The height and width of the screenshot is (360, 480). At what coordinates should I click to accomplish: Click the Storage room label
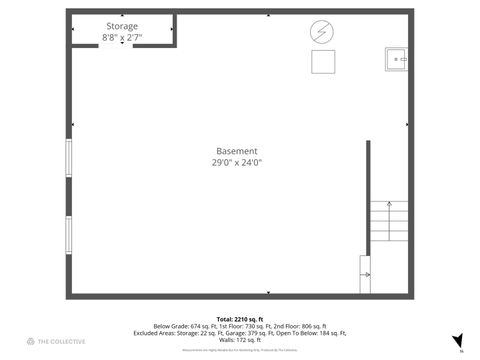point(122,26)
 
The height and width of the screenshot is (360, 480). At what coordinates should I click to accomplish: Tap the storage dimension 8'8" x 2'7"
point(122,37)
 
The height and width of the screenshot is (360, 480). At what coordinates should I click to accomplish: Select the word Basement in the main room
point(237,151)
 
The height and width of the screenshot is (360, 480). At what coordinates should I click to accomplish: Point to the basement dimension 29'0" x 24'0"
point(237,162)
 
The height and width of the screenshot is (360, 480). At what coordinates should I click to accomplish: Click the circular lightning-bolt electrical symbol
point(321,31)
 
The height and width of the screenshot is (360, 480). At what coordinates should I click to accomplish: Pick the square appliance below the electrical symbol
point(322,61)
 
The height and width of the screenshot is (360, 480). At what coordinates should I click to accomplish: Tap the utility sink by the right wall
point(396,59)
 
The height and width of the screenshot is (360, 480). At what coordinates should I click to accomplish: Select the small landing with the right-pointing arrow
point(365,274)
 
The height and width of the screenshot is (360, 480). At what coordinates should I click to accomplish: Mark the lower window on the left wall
point(69,235)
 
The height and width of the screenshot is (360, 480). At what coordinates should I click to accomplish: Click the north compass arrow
point(457,341)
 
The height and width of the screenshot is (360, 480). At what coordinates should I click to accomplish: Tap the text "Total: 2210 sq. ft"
point(239,318)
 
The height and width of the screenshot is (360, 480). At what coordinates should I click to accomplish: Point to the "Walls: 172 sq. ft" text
point(239,340)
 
